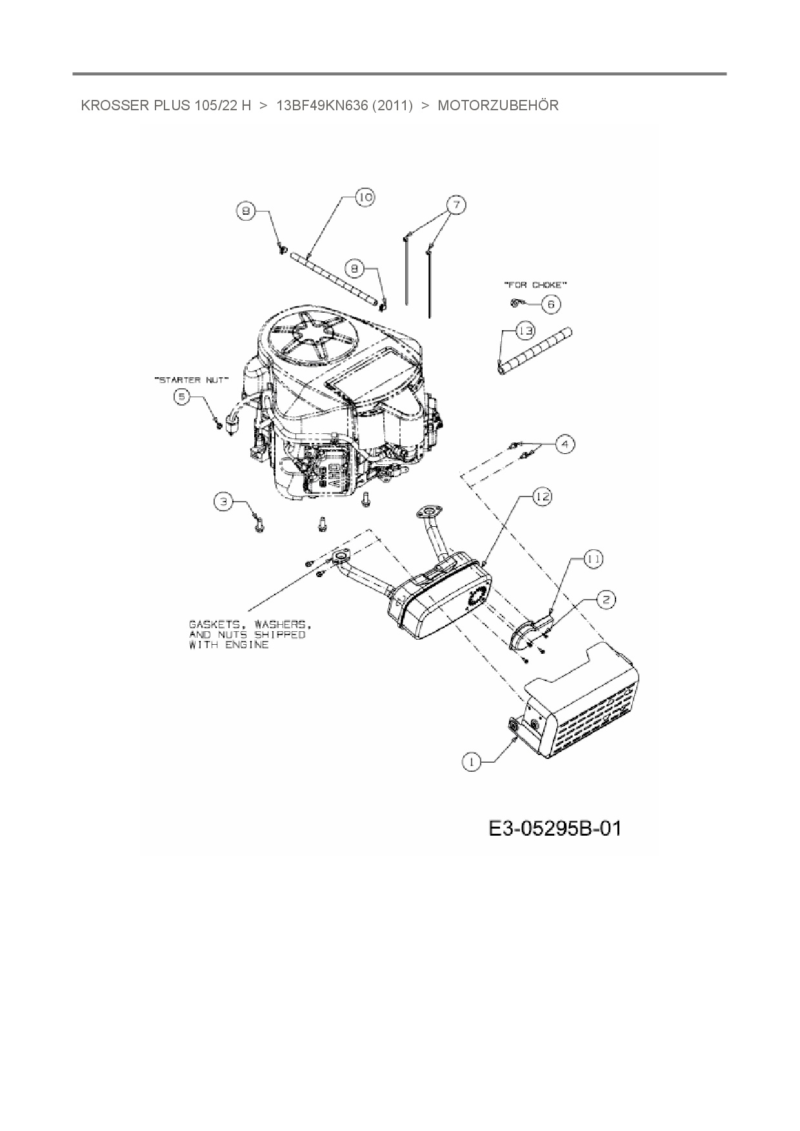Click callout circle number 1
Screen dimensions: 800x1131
tap(472, 762)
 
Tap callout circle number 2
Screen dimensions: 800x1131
tap(605, 600)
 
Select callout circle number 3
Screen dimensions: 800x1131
tap(223, 502)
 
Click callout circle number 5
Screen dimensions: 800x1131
tap(182, 397)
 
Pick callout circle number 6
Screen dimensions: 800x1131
tap(550, 304)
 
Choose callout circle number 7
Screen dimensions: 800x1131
tap(455, 205)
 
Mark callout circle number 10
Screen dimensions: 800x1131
tap(365, 197)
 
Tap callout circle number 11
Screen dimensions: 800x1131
tap(594, 559)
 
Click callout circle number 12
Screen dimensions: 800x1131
tap(542, 496)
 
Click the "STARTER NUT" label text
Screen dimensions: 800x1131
tap(192, 380)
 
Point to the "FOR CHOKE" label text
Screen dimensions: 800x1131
tap(535, 284)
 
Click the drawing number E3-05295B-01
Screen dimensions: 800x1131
tap(555, 828)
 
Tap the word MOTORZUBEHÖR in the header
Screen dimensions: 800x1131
tap(498, 106)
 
